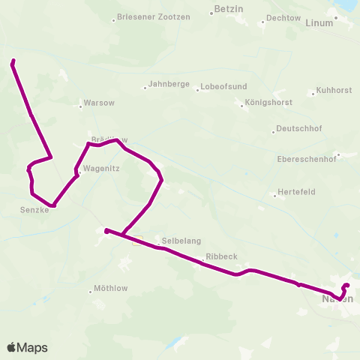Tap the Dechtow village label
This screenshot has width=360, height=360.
point(283,17)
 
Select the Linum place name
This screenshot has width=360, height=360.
point(320,23)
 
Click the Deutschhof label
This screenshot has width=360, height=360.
point(298,128)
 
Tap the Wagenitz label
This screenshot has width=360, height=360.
point(101,169)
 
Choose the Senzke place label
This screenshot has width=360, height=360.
point(34,211)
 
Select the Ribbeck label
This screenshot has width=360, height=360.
point(221,256)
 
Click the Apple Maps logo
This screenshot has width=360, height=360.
point(27,347)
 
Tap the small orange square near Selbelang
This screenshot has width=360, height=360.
point(136,241)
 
